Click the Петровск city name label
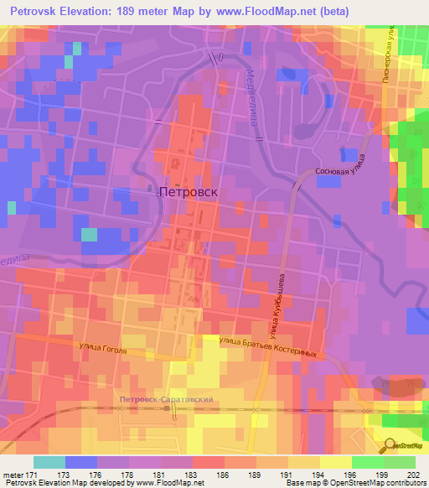(189, 191)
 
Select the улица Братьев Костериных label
(267, 346)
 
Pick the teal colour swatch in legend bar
(49, 462)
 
